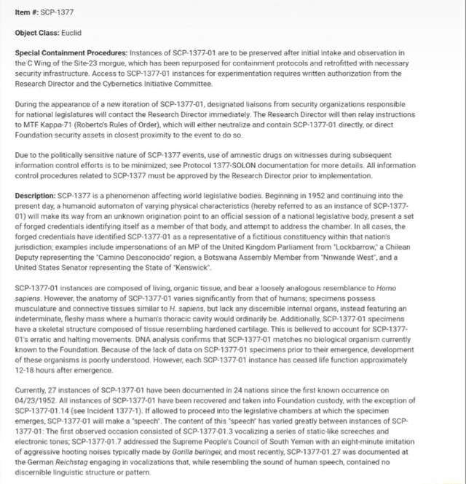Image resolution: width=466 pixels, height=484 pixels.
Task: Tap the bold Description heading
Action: point(36,196)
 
